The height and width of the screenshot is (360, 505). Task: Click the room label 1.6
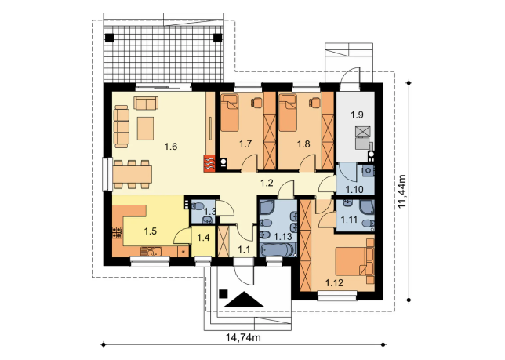point(171,147)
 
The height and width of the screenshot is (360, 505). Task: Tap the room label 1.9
point(357,115)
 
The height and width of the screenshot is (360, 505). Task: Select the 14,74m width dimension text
point(243,337)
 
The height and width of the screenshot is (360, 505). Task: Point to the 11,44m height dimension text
point(401,191)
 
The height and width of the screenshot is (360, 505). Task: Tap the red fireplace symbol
point(209,163)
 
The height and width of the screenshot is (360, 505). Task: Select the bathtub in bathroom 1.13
point(278,250)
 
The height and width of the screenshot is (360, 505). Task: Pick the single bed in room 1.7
point(230,113)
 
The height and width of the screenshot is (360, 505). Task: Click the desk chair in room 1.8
point(314,102)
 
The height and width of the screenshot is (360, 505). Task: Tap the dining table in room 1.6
point(132,174)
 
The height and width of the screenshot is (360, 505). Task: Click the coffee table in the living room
point(145,129)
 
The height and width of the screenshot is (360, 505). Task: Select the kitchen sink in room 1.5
point(151,252)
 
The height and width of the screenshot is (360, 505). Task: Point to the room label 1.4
point(203,238)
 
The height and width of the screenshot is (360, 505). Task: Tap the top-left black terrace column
point(110,38)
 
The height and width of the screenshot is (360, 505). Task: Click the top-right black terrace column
point(218,38)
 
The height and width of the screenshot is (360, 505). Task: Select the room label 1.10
point(354,189)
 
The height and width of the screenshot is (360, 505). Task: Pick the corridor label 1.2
point(267,183)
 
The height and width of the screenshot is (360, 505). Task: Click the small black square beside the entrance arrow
point(223,293)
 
